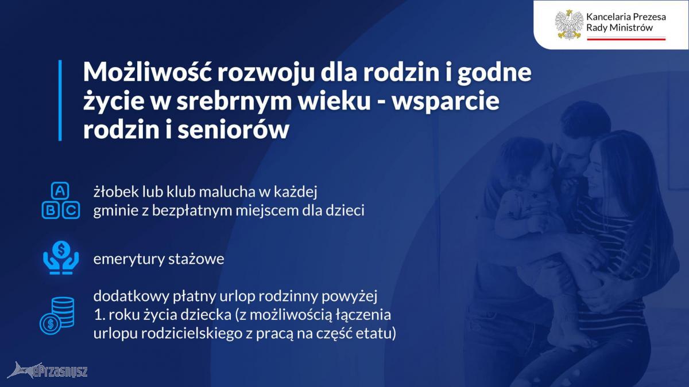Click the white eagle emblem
tap(569, 25)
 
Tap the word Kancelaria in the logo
tap(605, 16)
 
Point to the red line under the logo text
tap(626, 39)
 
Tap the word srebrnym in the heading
tap(234, 101)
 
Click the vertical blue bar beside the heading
tap(60, 100)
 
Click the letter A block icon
tap(60, 190)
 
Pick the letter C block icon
tap(71, 210)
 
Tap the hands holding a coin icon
tap(61, 257)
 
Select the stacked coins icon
tap(57, 315)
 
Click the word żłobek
tap(115, 192)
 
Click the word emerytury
tap(129, 260)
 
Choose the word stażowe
tap(196, 259)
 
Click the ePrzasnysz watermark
tap(47, 371)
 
